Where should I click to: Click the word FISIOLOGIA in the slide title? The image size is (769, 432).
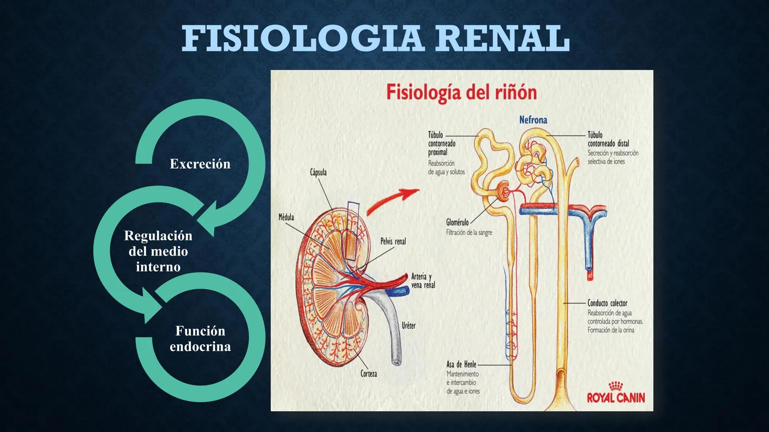(x=303, y=38)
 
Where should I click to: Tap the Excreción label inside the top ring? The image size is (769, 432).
(x=200, y=164)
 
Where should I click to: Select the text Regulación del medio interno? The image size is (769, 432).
(x=158, y=251)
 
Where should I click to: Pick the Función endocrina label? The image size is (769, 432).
(x=200, y=338)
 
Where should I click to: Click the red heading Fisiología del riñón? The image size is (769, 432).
(x=461, y=93)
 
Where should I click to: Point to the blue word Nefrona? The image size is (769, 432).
(x=533, y=120)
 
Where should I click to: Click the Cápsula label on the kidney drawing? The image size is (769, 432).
(x=318, y=172)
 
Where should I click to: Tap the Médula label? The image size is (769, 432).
(x=286, y=217)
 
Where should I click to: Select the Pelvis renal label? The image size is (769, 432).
(x=393, y=241)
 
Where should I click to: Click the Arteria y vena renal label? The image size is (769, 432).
(x=423, y=280)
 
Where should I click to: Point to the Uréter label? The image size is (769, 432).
(x=409, y=326)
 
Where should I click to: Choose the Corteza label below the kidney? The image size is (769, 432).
(x=368, y=374)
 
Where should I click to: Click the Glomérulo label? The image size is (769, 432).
(x=457, y=222)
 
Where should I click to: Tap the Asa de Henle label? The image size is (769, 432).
(x=461, y=364)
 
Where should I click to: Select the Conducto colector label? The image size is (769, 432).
(x=607, y=303)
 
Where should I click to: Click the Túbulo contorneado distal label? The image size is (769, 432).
(x=608, y=139)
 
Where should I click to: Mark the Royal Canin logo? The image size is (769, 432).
(x=616, y=393)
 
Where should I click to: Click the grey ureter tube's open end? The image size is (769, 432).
(x=397, y=362)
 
